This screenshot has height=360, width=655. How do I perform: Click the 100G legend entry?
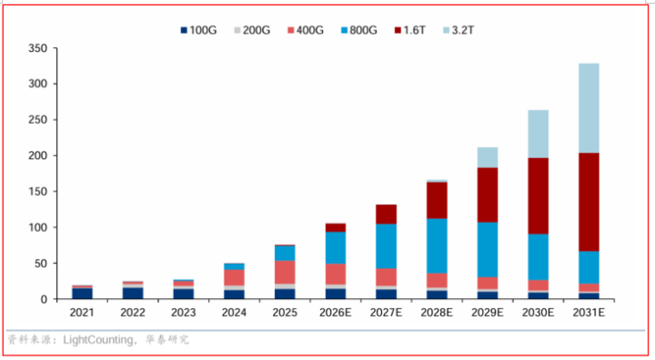pyautogui.click(x=198, y=30)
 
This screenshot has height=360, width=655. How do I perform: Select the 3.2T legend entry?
pyautogui.click(x=458, y=30)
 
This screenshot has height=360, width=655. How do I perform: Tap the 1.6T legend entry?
pyautogui.click(x=409, y=30)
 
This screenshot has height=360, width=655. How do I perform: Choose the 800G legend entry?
pyautogui.click(x=358, y=30)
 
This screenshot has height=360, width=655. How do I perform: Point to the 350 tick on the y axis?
pyautogui.click(x=37, y=48)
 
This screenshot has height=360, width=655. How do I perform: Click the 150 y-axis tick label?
pyautogui.click(x=37, y=192)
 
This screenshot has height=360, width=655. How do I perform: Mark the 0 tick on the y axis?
pyautogui.click(x=44, y=299)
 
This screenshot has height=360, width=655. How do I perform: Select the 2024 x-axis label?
pyautogui.click(x=234, y=313)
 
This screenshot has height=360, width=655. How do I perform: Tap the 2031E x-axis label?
pyautogui.click(x=589, y=313)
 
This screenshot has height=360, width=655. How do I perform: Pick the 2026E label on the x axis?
pyautogui.click(x=336, y=313)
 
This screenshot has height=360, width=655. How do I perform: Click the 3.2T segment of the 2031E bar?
pyautogui.click(x=589, y=108)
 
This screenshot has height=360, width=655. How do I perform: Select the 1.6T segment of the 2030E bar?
pyautogui.click(x=538, y=195)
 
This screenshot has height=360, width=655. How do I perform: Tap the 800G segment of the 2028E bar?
pyautogui.click(x=437, y=246)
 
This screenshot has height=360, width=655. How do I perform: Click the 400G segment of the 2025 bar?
pyautogui.click(x=285, y=273)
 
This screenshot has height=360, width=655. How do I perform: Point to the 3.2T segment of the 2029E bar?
pyautogui.click(x=488, y=157)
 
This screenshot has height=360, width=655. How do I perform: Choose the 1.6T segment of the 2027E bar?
pyautogui.click(x=386, y=215)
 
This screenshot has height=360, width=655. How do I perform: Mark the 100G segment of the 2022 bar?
pyautogui.click(x=133, y=293)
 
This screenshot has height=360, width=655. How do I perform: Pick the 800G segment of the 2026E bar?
pyautogui.click(x=336, y=247)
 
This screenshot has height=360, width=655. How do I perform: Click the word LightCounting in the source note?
pyautogui.click(x=98, y=340)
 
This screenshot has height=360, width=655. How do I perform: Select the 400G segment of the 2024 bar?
pyautogui.click(x=234, y=277)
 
